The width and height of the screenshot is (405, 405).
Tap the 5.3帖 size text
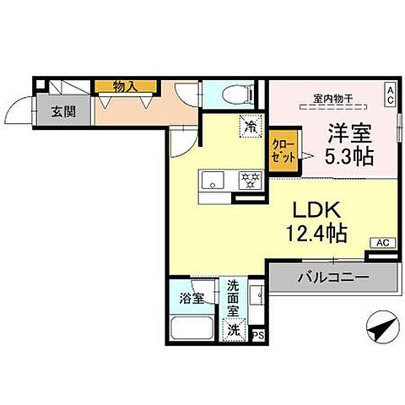pyautogui.click(x=347, y=155)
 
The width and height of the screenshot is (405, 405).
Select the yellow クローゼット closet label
pyautogui.click(x=281, y=150)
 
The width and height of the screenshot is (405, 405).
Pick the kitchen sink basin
pyautogui.click(x=210, y=179)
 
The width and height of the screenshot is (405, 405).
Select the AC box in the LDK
pyautogui.click(x=381, y=244)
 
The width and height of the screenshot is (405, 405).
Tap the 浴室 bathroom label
pyautogui.click(x=191, y=297)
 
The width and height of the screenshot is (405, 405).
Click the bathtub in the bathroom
pyautogui.click(x=192, y=328)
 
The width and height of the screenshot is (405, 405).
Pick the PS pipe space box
pyautogui.click(x=259, y=335)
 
